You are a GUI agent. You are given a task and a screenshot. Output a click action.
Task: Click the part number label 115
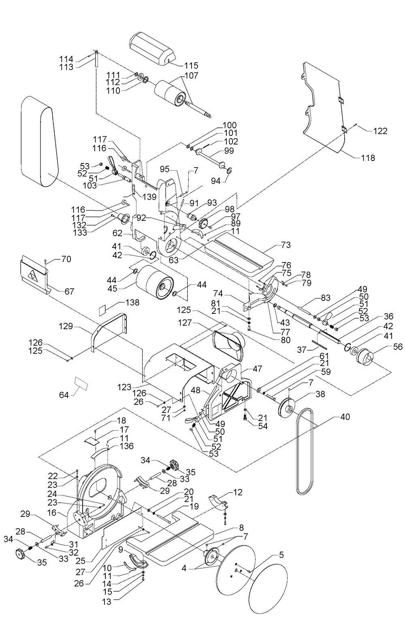tap(192, 66)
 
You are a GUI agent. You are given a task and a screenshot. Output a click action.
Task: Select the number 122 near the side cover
tap(380, 131)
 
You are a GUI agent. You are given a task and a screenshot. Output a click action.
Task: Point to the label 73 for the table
tap(286, 245)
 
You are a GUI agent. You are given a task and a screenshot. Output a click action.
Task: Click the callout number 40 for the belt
tap(345, 417)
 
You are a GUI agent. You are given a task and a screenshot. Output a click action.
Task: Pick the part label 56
tap(398, 347)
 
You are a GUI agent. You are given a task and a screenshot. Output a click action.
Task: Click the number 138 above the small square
tap(132, 303)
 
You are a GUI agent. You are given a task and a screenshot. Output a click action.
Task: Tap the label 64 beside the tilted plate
tap(64, 395)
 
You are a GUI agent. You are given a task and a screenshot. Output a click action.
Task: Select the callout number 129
tap(66, 326)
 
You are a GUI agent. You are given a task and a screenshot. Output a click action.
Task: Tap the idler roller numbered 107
tap(169, 93)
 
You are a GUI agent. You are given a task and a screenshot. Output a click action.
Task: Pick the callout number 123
tap(124, 387)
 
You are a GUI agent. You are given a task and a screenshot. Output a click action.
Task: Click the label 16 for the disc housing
tap(52, 512)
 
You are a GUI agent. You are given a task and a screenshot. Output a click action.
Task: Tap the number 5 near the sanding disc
tap(281, 555)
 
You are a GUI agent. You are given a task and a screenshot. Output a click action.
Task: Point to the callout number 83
tap(326, 298)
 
